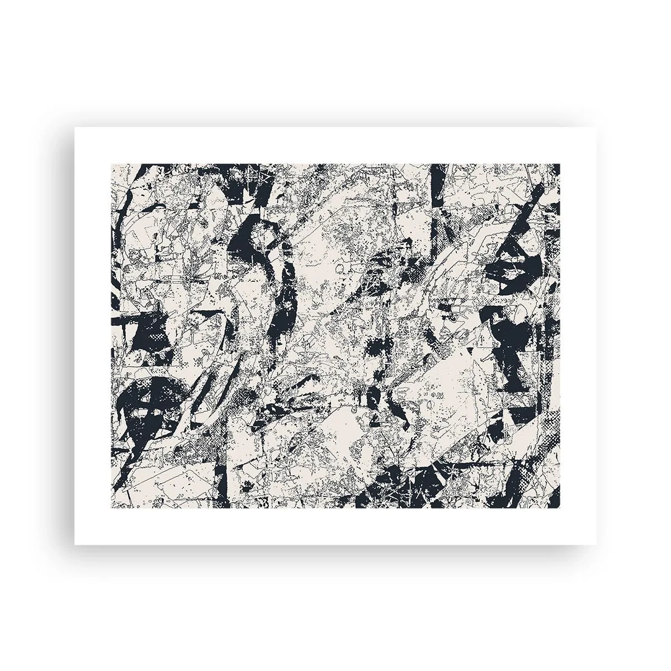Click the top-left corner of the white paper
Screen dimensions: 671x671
75,127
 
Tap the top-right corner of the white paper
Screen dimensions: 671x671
596,127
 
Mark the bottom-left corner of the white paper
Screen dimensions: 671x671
75,544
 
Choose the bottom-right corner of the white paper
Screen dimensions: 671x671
596,544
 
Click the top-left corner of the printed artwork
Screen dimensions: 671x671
111,164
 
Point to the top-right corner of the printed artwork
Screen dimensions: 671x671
560,164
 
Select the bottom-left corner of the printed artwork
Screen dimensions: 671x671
111,508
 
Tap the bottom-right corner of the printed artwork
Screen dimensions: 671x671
560,508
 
